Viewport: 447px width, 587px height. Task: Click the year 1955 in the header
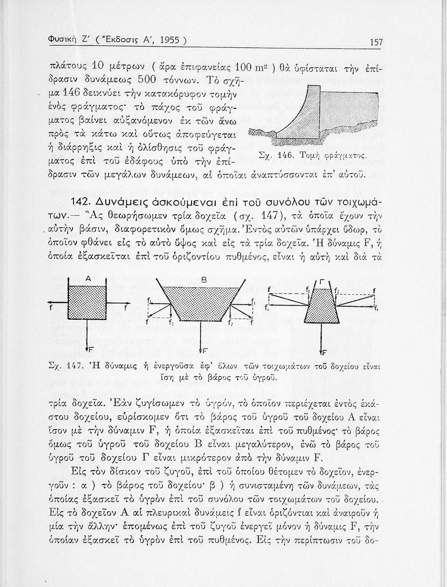165,41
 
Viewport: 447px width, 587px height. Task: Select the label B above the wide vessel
204,280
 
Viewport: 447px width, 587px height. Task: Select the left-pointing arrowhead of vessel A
49,303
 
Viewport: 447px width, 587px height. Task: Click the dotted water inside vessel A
88,303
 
